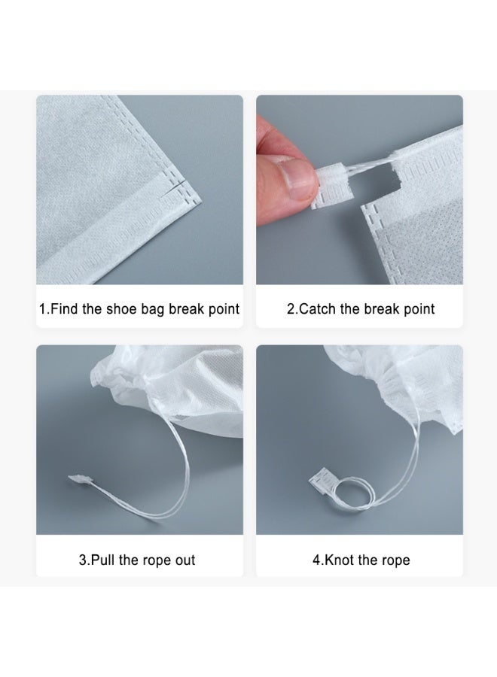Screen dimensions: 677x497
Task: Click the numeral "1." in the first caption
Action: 45,309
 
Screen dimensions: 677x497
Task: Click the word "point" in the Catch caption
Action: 418,309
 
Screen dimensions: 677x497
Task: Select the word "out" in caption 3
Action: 184,560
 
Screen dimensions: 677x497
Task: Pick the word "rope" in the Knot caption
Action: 395,560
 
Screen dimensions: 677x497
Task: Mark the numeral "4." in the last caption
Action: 318,560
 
